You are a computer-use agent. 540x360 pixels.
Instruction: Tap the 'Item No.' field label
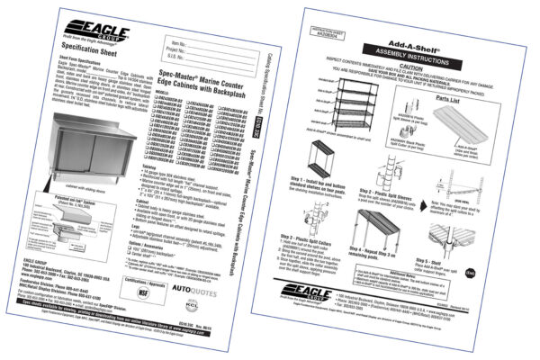[177, 41]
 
